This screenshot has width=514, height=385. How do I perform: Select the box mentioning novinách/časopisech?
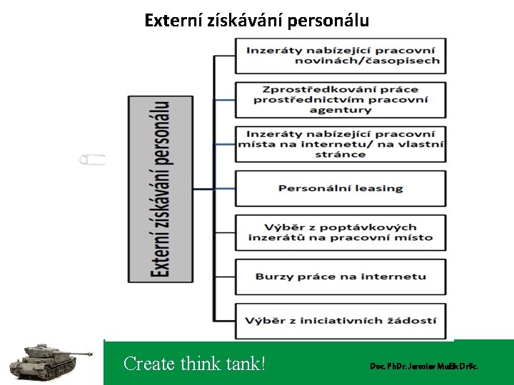coord(341,55)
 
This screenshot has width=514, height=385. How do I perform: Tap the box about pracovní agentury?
coord(341,100)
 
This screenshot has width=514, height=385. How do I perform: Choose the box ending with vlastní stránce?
coord(341,144)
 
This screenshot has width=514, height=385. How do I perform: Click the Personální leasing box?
coord(341,188)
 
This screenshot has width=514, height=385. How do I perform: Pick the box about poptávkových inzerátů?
coord(341,232)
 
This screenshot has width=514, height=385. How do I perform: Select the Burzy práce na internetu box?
coord(341,277)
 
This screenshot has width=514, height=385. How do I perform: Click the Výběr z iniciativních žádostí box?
coord(341,321)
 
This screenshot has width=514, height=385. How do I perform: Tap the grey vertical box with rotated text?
coord(160,188)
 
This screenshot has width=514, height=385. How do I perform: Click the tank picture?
coord(46,360)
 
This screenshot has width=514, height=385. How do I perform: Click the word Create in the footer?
coord(149,364)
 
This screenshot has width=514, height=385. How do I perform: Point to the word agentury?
coord(341,110)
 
